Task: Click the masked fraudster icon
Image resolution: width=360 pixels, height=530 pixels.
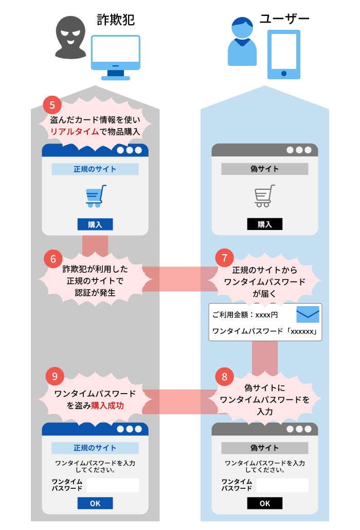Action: tap(70, 38)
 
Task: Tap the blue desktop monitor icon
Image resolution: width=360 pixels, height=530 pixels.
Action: tap(115, 56)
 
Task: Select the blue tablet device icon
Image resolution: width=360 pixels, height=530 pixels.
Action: tap(283, 54)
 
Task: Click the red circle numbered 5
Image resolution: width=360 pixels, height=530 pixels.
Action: tap(52, 105)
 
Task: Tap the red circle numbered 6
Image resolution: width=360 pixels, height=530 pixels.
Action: tap(53, 258)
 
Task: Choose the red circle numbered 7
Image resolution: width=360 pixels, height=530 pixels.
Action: tap(224, 257)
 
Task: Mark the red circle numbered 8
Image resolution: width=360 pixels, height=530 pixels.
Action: tap(224, 376)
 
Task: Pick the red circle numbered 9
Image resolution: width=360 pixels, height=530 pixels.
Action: tap(53, 376)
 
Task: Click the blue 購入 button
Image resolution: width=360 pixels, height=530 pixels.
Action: tap(95, 224)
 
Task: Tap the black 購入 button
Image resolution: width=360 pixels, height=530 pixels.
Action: tap(264, 224)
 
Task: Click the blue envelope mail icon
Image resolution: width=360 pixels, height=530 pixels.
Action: tap(308, 314)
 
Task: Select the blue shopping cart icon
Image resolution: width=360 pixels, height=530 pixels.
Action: tap(96, 196)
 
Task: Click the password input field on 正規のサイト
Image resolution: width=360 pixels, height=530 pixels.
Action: tap(113, 485)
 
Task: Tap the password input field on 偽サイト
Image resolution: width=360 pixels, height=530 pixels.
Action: tap(282, 485)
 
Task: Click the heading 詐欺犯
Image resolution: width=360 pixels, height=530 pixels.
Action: tap(116, 20)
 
